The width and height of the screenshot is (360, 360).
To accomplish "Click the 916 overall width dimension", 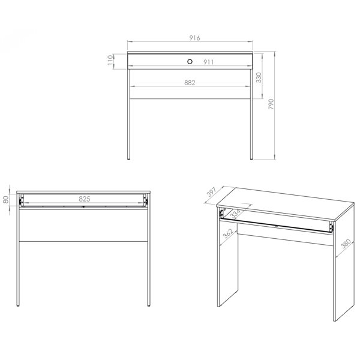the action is [x=194, y=38].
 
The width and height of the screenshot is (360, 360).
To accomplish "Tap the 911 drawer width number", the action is [x=208, y=62].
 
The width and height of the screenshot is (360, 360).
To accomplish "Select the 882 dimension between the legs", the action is [x=190, y=83].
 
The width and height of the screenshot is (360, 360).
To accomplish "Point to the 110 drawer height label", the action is [x=110, y=60].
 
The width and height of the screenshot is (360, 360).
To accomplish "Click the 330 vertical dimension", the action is [x=259, y=77].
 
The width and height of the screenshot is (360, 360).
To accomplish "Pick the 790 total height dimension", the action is [x=271, y=104].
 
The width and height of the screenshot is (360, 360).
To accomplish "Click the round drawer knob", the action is [x=190, y=62].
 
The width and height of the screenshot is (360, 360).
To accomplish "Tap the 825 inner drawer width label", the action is [x=85, y=199].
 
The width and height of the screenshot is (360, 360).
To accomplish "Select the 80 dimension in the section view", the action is [x=6, y=200].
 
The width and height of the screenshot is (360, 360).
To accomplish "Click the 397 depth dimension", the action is [x=211, y=192].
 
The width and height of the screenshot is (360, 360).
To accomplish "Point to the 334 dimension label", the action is [x=235, y=214].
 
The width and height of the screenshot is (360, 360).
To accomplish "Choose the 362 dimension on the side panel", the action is [x=228, y=234].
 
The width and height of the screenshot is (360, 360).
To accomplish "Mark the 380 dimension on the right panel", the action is [x=346, y=244].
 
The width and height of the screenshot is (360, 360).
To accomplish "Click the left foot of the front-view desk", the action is [x=128, y=158].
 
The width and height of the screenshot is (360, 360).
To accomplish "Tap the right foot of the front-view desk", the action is [x=251, y=158].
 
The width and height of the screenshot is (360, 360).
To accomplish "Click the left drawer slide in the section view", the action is [x=22, y=200].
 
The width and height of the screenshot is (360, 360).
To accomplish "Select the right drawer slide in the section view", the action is [x=145, y=200].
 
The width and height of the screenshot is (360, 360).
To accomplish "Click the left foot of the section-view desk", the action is [x=18, y=305].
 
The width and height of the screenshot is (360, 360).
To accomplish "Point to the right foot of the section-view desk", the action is [x=149, y=305].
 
